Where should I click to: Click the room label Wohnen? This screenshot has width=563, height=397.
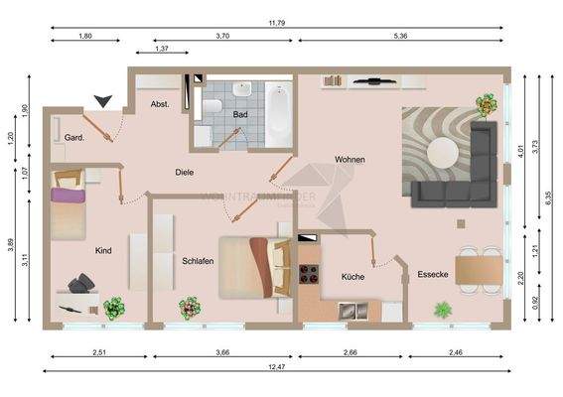(x=349, y=159)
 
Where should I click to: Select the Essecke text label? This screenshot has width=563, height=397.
(x=434, y=274)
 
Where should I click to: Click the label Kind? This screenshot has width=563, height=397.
(x=103, y=251)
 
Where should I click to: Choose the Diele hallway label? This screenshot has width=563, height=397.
(x=184, y=172)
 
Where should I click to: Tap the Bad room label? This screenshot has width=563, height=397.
(x=240, y=115)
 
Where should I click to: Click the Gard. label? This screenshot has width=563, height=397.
(x=73, y=138)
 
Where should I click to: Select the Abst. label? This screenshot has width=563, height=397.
(x=159, y=104)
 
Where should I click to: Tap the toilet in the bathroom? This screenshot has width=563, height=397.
(x=212, y=104)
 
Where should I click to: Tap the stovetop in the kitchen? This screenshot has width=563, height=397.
(x=307, y=272)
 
